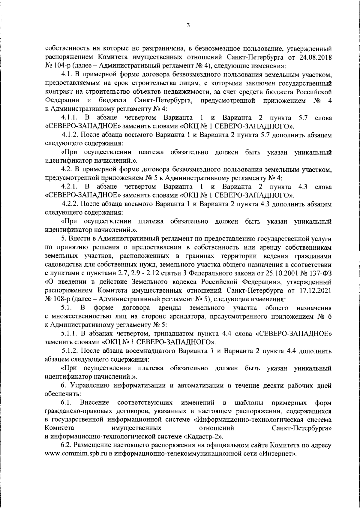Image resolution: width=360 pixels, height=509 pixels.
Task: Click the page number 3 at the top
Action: click(188, 26)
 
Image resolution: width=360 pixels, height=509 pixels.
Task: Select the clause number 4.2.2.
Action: click(70, 204)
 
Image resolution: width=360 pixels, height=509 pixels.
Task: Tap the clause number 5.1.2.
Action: click(70, 351)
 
